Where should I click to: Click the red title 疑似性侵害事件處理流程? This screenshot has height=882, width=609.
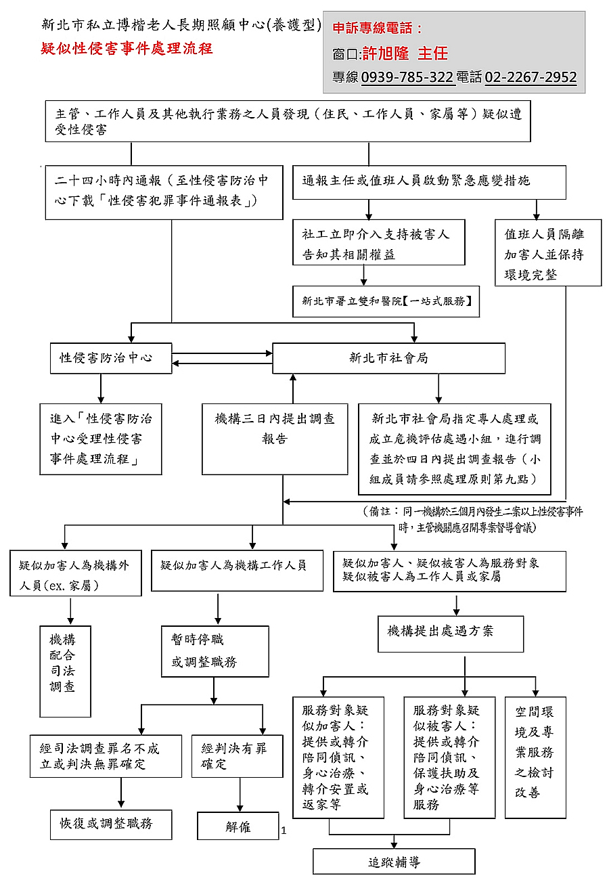click(x=127, y=49)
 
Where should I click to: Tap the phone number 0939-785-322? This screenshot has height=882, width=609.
click(x=407, y=77)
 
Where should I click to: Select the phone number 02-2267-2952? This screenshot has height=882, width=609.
click(x=531, y=77)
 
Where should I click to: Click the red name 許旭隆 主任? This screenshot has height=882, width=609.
click(x=405, y=53)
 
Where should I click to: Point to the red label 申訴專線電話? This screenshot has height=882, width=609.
click(x=378, y=29)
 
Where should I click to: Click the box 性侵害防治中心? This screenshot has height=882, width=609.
click(x=111, y=358)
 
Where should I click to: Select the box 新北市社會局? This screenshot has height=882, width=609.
click(x=388, y=358)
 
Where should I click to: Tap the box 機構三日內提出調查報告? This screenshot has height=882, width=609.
click(x=275, y=429)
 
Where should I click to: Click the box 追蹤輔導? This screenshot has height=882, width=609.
click(x=394, y=862)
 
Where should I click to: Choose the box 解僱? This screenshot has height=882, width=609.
click(x=238, y=826)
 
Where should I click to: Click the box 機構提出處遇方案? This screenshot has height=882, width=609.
click(x=450, y=632)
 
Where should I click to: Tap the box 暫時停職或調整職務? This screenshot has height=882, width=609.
click(x=215, y=651)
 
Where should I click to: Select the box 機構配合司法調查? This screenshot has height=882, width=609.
click(x=65, y=663)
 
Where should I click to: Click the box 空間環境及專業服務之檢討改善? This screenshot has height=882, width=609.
click(x=535, y=751)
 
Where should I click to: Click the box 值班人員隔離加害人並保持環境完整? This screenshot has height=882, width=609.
click(x=547, y=254)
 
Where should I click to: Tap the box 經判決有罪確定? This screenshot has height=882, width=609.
click(x=237, y=755)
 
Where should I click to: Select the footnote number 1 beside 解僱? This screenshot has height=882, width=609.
click(x=284, y=831)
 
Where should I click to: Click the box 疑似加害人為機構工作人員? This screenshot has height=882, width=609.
click(x=233, y=565)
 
